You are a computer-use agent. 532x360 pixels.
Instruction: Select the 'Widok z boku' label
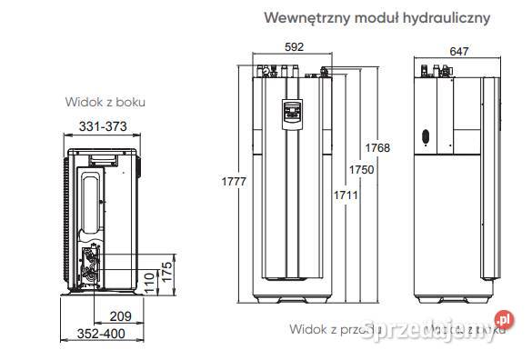pos(105,103)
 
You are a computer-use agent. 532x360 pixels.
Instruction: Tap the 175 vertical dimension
pos(166,271)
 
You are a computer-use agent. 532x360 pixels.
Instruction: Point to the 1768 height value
pos(377,149)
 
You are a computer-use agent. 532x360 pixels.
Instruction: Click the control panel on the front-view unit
pos(291,112)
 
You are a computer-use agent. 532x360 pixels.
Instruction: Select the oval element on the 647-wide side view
pos(424,139)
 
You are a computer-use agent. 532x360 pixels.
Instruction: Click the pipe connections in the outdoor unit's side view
pos(93,264)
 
